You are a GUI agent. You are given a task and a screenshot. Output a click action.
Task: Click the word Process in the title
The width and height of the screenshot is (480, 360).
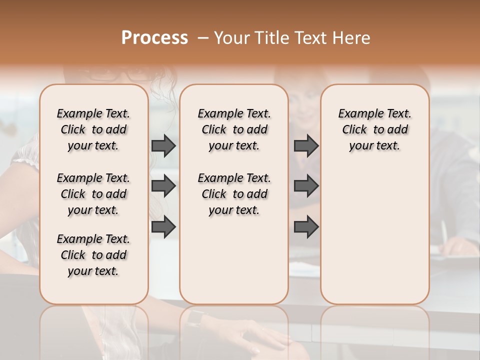154,38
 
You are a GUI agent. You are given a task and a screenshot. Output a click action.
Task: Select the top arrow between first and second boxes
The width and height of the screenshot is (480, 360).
163,145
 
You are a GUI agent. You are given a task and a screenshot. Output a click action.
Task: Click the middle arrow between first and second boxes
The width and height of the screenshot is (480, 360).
163,186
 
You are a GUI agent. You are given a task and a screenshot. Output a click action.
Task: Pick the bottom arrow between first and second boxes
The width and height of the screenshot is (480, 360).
163,226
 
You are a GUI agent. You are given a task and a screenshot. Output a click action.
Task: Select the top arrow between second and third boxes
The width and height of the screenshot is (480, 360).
306,145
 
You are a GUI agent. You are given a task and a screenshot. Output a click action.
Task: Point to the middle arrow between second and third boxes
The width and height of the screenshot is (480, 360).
306,186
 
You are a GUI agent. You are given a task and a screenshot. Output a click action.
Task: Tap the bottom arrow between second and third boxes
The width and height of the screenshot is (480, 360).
306,226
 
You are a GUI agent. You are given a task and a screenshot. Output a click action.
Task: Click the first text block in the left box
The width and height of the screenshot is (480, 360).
93,129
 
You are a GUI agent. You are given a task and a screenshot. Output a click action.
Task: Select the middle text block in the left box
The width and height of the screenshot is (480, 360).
93,194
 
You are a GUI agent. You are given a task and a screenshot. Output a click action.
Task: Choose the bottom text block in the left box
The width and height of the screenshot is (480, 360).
93,255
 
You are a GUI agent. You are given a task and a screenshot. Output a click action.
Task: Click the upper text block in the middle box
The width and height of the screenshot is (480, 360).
234,129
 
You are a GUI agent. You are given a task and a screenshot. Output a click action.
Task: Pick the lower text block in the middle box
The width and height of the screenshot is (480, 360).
234,194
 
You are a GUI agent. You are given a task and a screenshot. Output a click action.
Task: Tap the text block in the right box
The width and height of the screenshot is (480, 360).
374,129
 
